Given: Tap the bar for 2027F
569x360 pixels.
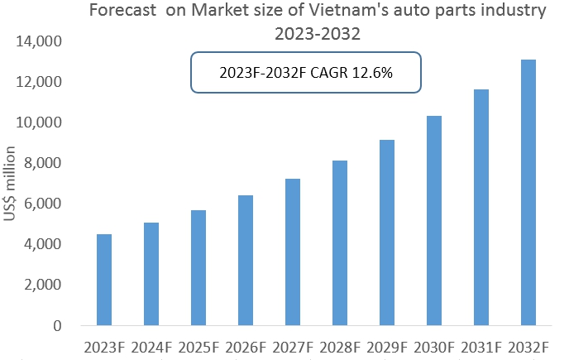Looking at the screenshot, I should pyautogui.click(x=293, y=252).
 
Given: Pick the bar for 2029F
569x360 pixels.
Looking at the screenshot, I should pyautogui.click(x=387, y=233).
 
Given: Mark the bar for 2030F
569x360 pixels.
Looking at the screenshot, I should pyautogui.click(x=433, y=220).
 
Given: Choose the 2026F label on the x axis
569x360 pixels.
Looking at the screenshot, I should pyautogui.click(x=246, y=345).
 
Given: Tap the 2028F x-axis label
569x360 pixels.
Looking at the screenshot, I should pyautogui.click(x=340, y=345).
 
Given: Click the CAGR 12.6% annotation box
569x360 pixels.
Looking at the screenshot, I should pyautogui.click(x=306, y=73).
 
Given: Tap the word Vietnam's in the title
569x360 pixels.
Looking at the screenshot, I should pyautogui.click(x=356, y=12).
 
